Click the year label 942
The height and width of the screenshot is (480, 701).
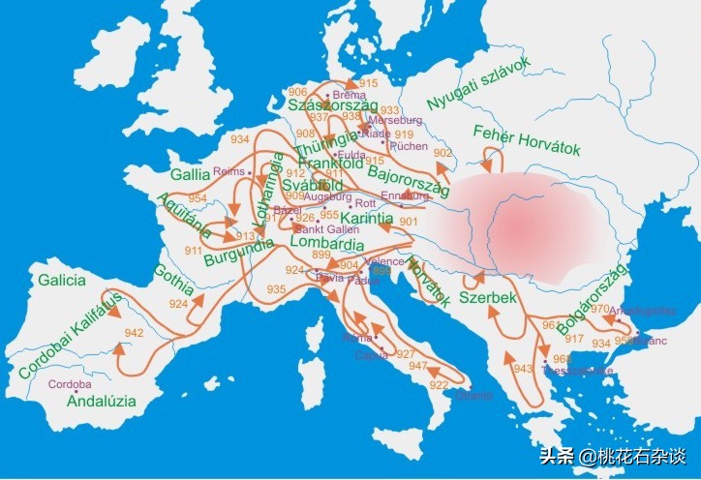click(x=134, y=332)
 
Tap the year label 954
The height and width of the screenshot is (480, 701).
click(x=198, y=198)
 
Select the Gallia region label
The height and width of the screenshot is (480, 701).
click(x=190, y=175)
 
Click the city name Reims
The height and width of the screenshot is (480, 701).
click(x=229, y=171)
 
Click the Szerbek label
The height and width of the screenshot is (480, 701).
click(x=488, y=297)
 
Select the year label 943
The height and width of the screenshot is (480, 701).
click(x=523, y=369)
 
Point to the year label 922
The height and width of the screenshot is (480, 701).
click(x=439, y=386)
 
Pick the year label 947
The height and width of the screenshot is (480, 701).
click(x=417, y=365)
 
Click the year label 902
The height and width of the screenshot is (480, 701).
click(x=443, y=153)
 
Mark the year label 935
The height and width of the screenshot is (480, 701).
click(x=277, y=289)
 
